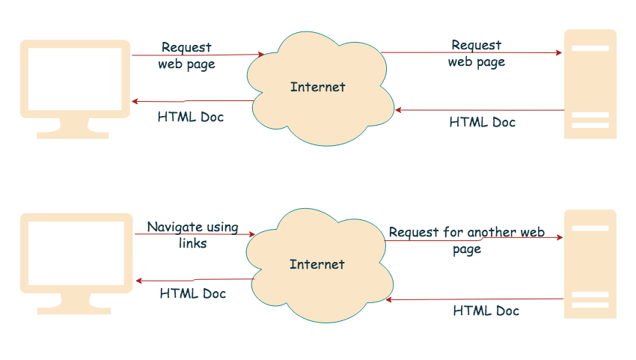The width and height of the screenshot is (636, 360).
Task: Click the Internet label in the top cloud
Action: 318,87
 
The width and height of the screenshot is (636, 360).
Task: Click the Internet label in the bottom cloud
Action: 317,264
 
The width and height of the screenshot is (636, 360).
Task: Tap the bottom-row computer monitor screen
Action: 74,252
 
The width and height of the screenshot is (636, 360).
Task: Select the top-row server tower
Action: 590,84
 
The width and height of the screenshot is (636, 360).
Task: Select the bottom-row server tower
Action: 590,263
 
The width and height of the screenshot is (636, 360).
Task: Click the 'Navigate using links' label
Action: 192,235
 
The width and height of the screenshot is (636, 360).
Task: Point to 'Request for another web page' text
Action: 466,240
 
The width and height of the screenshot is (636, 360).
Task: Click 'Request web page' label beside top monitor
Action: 186,56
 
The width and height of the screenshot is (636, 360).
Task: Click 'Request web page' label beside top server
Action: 477,54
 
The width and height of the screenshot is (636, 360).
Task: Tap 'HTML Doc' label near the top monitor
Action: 190,118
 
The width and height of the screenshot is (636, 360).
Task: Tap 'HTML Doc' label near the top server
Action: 482,122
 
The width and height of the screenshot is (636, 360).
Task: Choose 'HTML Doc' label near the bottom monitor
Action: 192,293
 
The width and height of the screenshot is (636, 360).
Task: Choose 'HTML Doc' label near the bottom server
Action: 486,310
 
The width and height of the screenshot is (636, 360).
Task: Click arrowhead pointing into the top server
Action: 558,53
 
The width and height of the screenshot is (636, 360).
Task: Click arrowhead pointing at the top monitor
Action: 135,102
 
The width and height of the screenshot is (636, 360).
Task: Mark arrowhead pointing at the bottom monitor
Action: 139,281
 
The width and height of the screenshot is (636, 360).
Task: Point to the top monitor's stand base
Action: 73,135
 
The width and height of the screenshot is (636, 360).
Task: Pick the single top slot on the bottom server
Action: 590,228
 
